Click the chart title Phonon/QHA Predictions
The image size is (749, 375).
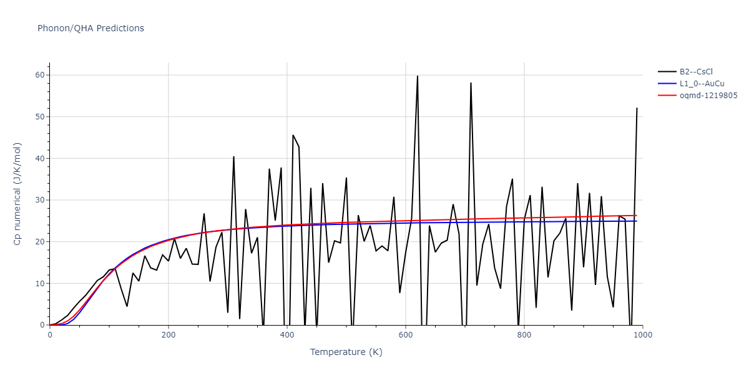[x=91, y=28]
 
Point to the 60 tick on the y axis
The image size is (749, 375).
[x=40, y=75]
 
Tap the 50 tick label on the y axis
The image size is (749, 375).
[x=40, y=117]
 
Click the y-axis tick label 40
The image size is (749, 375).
[x=40, y=159]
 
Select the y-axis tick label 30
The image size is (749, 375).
[x=40, y=200]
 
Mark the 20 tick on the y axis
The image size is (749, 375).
[x=40, y=242]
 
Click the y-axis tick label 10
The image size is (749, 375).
[x=40, y=284]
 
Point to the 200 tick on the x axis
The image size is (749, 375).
[x=168, y=335]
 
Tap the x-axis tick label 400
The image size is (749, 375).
[x=286, y=335]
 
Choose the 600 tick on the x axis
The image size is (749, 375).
[x=405, y=335]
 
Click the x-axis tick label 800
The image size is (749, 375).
[x=524, y=335]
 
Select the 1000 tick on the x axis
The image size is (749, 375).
[x=642, y=335]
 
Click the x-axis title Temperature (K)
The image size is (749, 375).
[x=346, y=352]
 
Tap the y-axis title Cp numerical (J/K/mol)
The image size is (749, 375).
[x=18, y=200]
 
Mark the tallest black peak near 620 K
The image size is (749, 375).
[x=418, y=76]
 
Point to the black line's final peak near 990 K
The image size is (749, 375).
[x=637, y=108]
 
